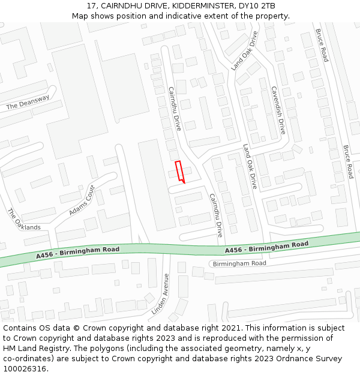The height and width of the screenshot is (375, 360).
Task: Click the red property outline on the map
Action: (x=179, y=171)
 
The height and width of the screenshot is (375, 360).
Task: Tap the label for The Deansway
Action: (x=28, y=103)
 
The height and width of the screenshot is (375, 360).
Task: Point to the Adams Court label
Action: (x=82, y=201)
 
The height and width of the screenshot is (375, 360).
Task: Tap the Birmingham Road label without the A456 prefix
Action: (x=239, y=263)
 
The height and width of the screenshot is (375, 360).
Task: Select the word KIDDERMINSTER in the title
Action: (x=196, y=6)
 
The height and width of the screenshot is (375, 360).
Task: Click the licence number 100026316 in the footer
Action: (x=25, y=369)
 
